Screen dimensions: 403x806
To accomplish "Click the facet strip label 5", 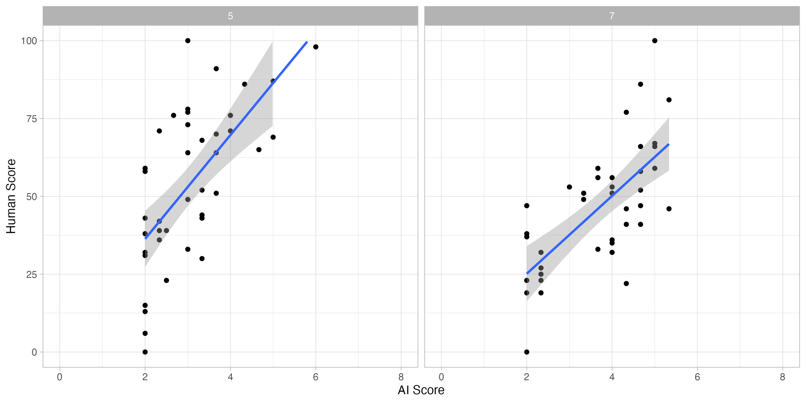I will (x=230, y=16).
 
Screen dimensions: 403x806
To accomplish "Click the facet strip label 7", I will (x=612, y=16).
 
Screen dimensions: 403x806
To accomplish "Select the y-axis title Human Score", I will (x=11, y=196).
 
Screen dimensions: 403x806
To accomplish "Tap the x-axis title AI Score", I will (x=421, y=390).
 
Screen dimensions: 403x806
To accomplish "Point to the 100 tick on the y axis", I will (x=29, y=41).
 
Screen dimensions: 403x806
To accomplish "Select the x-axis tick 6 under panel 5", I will (x=315, y=377).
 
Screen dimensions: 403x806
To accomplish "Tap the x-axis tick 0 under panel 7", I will (x=441, y=377).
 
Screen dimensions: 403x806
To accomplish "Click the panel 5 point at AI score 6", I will (x=316, y=47).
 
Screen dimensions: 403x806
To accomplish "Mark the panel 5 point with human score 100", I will (x=188, y=41).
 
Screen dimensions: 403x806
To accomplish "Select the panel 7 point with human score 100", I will (x=654, y=41).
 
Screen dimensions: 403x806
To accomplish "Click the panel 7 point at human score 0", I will (x=527, y=352).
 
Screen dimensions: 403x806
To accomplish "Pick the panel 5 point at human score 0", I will (x=145, y=352).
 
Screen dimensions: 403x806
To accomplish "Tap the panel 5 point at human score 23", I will (x=167, y=280).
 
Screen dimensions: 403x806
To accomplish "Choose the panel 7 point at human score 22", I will (x=626, y=283).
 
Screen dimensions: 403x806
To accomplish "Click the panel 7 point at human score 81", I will (x=669, y=100).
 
